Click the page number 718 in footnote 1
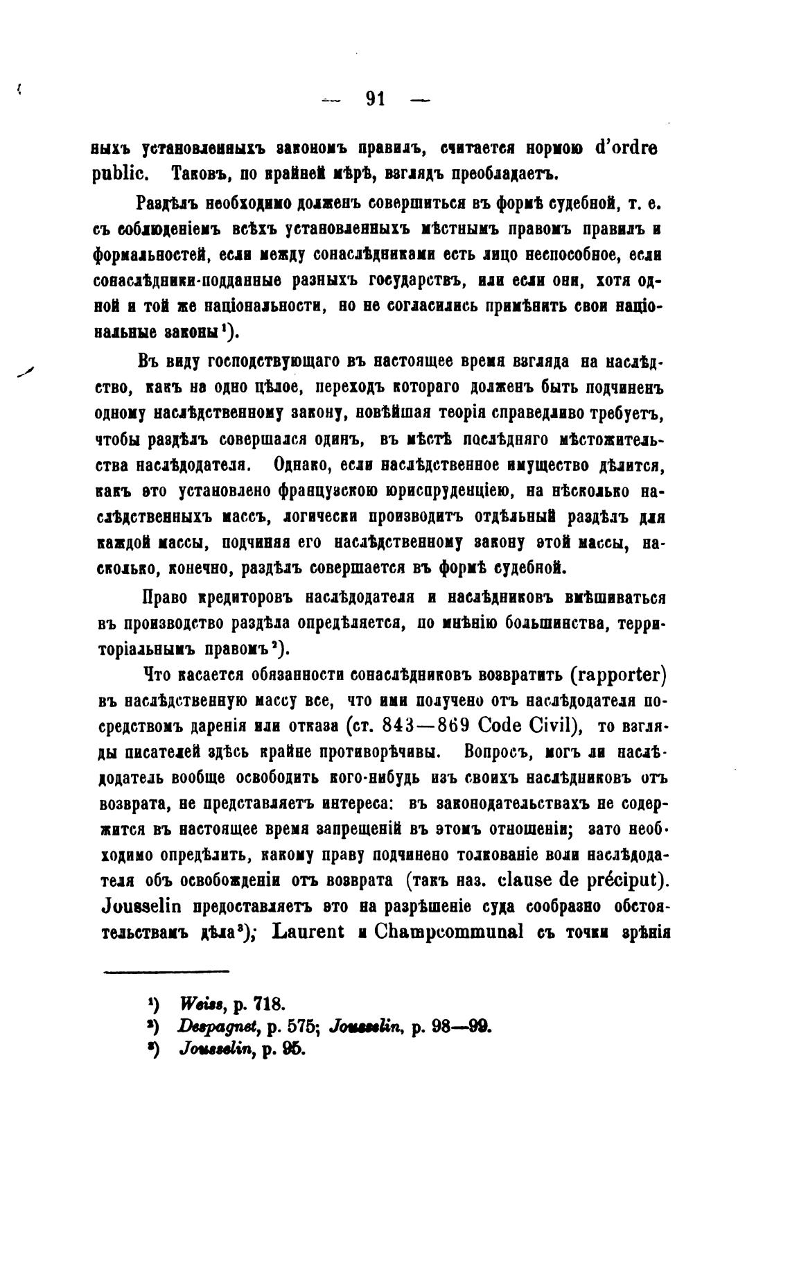270,1003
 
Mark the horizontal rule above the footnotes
166,971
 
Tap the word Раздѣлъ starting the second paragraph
168,203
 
